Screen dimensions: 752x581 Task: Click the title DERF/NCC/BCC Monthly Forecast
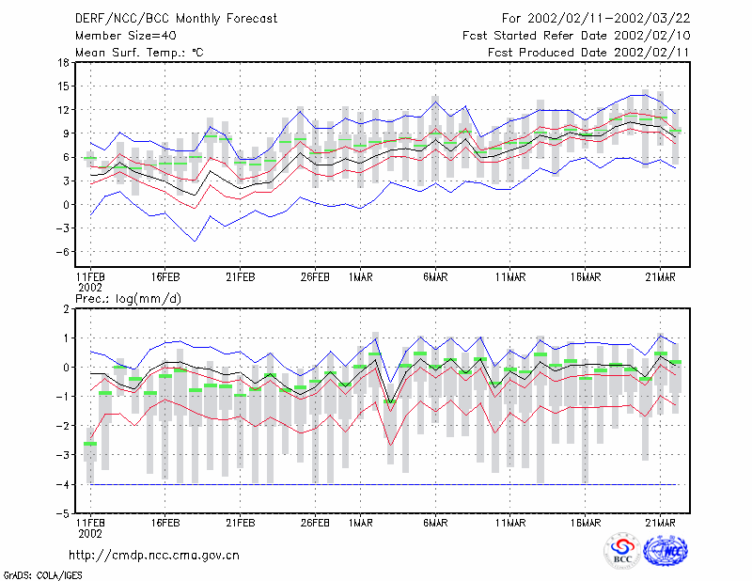tap(176, 19)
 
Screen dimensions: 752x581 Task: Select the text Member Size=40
tap(126, 36)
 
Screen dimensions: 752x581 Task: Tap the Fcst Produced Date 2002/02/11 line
tap(588, 53)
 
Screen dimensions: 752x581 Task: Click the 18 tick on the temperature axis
tap(63, 62)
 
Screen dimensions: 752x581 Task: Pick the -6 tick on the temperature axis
tap(62, 252)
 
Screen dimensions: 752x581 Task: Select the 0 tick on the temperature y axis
tap(67, 205)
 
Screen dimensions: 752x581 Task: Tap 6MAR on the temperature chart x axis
tap(435, 277)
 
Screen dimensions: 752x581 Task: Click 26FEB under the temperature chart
tap(315, 277)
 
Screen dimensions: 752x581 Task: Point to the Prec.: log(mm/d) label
tap(129, 299)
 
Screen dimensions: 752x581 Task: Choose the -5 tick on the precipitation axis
tap(62, 514)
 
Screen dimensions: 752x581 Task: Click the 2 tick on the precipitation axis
tap(67, 309)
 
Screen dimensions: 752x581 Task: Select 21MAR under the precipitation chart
tap(661, 523)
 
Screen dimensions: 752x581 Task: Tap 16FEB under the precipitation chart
tap(165, 523)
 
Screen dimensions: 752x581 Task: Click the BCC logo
tap(622, 551)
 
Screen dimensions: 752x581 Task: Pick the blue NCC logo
tap(666, 550)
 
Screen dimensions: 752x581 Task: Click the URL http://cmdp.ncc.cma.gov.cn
tap(154, 556)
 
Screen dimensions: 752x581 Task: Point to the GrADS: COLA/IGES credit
tap(42, 575)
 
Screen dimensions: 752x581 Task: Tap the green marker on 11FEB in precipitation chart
tap(90, 444)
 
